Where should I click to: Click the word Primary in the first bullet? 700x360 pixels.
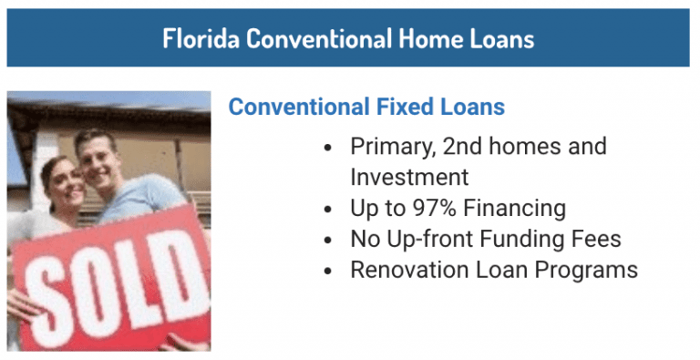[x=387, y=146]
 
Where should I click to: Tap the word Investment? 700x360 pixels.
[x=409, y=177]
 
